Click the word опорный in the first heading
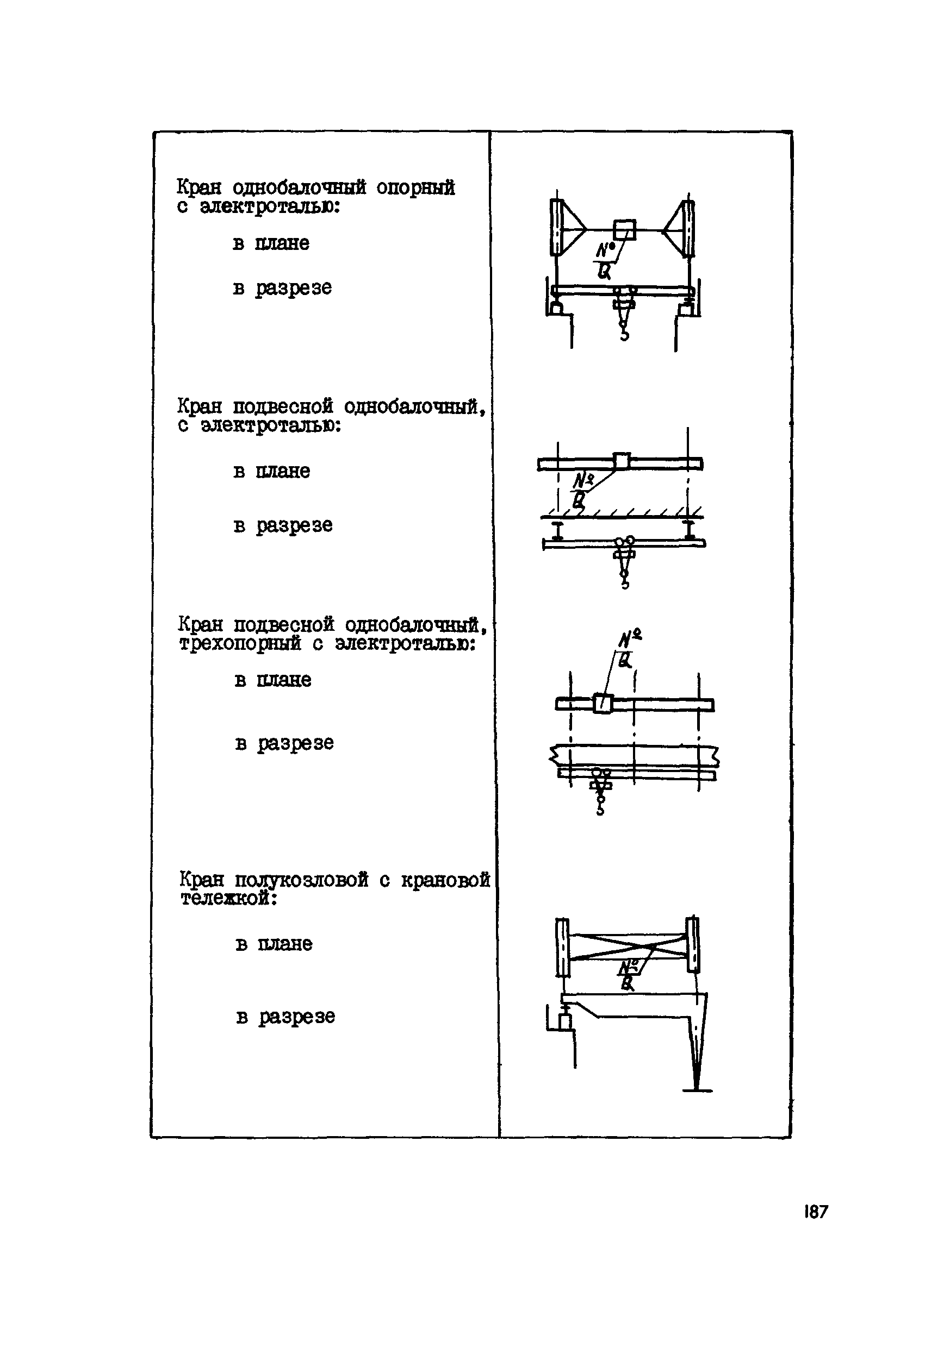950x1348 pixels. click(x=415, y=188)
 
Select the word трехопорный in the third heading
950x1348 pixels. click(x=240, y=644)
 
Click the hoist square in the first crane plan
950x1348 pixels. click(x=624, y=230)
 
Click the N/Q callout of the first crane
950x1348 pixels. click(x=605, y=261)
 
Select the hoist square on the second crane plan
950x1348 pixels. click(x=621, y=461)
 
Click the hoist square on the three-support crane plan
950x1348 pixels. click(x=603, y=704)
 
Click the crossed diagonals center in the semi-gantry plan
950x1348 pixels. click(x=627, y=947)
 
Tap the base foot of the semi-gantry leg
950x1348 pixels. click(x=697, y=1090)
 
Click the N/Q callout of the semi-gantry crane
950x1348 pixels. click(x=629, y=974)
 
